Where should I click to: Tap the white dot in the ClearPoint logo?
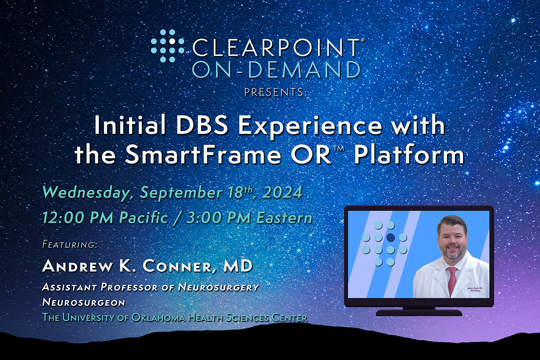click(x=172, y=41)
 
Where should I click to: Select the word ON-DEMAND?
click(x=276, y=70)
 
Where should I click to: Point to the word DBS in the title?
click(x=202, y=125)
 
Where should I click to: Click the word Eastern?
click(x=284, y=218)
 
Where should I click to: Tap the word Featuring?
click(x=70, y=244)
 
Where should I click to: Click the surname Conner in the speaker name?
click(x=177, y=266)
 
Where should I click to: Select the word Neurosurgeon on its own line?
click(x=84, y=302)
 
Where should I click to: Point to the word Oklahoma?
click(x=158, y=318)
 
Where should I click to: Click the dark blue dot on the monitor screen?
click(x=391, y=237)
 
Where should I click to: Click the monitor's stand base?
click(x=419, y=313)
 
